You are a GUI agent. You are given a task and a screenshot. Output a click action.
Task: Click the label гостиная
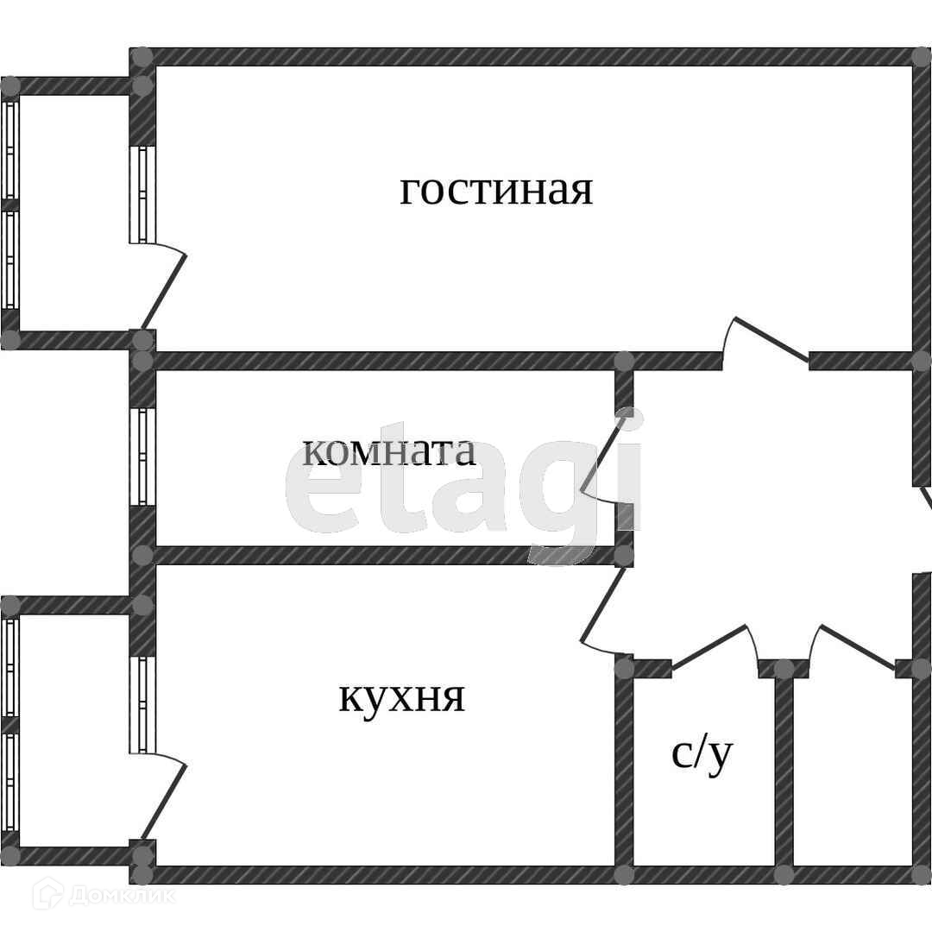click(496, 189)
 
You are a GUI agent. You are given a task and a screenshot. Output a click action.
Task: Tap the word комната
click(389, 450)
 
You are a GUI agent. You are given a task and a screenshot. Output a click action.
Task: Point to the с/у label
click(702, 753)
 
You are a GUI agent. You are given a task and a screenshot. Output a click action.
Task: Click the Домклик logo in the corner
click(104, 897)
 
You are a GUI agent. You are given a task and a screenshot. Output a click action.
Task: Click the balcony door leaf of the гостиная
click(165, 290)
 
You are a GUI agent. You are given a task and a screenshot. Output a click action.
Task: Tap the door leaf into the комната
click(603, 454)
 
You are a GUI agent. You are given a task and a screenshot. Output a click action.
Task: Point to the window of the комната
click(142, 455)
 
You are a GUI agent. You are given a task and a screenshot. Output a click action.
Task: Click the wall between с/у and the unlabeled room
click(784, 772)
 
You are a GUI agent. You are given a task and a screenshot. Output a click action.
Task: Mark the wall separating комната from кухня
click(380, 555)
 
